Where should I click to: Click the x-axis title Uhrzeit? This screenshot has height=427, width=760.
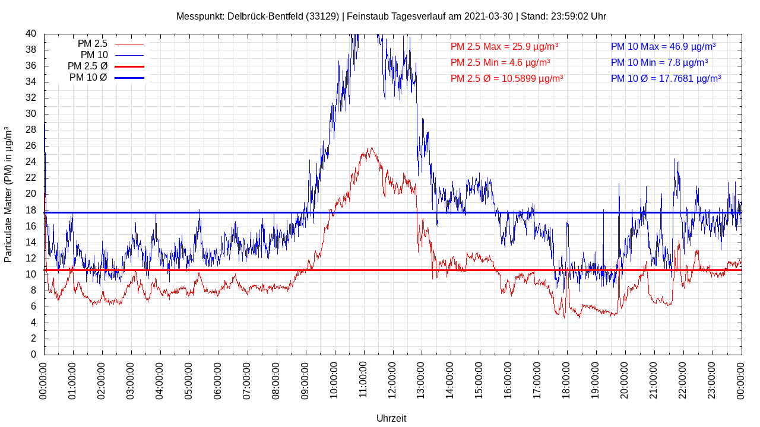click(391, 418)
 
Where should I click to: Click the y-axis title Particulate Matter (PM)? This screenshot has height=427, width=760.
click(8, 195)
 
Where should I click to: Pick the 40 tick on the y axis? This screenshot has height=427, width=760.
click(31, 34)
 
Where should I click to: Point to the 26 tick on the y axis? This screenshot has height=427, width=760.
click(31, 146)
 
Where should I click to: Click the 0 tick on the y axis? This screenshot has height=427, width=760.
click(33, 355)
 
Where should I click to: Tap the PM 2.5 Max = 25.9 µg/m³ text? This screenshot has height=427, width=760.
click(504, 46)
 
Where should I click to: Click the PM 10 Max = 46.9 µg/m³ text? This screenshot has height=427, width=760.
click(663, 46)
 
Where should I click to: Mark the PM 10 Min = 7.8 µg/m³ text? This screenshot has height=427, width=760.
click(659, 62)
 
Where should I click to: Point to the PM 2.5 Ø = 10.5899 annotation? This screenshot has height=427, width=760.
click(506, 78)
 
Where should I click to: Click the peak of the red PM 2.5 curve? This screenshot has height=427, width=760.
click(372, 148)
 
